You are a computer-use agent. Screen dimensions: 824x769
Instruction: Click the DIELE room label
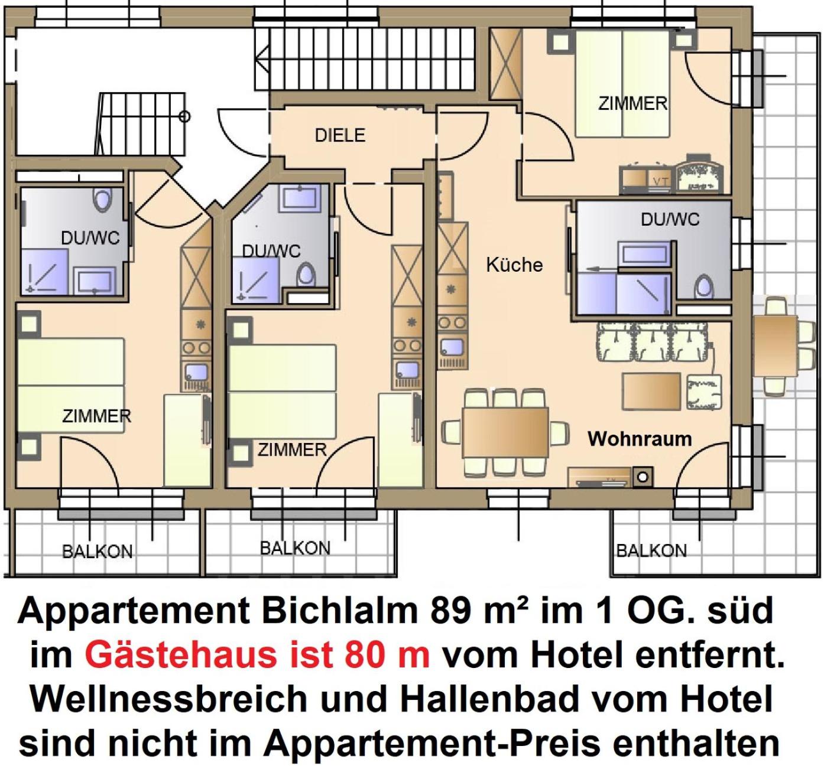click(x=340, y=135)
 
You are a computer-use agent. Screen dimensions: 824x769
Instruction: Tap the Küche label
click(x=514, y=265)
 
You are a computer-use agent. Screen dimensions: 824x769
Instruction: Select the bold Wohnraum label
click(x=640, y=439)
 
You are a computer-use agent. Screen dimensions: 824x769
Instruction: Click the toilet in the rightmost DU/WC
click(x=703, y=286)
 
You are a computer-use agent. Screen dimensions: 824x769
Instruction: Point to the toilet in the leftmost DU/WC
click(x=102, y=200)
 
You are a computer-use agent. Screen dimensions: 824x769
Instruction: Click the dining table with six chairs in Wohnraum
click(x=505, y=432)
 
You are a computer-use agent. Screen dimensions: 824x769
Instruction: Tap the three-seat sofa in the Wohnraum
click(x=652, y=342)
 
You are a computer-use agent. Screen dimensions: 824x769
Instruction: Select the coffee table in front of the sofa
click(x=651, y=391)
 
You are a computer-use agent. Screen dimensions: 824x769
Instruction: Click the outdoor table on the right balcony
click(x=775, y=346)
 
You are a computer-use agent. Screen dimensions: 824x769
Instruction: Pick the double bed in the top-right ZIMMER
click(x=622, y=84)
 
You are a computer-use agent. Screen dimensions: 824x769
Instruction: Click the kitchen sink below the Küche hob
click(x=452, y=347)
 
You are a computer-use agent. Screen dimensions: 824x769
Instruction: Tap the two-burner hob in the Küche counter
click(x=452, y=322)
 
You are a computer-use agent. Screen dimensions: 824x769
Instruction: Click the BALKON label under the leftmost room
click(x=97, y=552)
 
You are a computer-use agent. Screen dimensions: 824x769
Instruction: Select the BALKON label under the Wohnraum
click(x=651, y=550)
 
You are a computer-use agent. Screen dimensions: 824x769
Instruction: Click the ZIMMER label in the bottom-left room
click(x=96, y=416)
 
